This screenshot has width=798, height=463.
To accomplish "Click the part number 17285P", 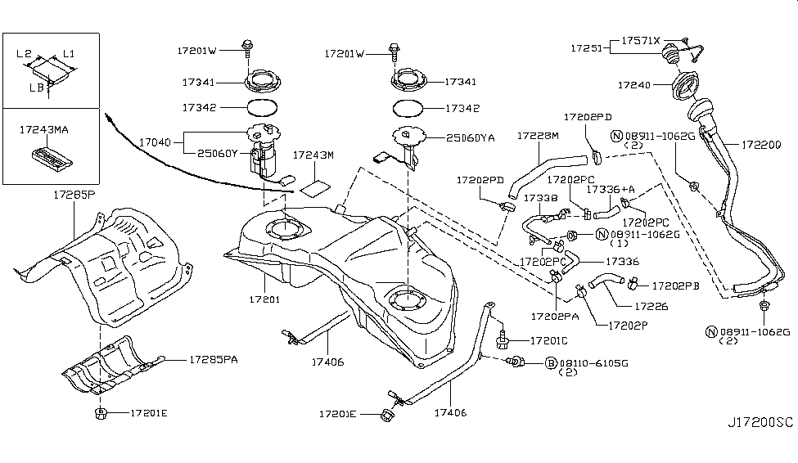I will [73, 197].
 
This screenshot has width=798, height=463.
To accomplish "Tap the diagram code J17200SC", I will [760, 422].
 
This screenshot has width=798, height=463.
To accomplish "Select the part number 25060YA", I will [471, 138].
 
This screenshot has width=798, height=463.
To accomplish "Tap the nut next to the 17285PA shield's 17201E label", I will [100, 411].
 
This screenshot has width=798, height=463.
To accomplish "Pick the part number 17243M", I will [313, 155].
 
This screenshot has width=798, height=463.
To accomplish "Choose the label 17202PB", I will [676, 286].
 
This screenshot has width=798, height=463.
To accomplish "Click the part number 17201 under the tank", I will [264, 299].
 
